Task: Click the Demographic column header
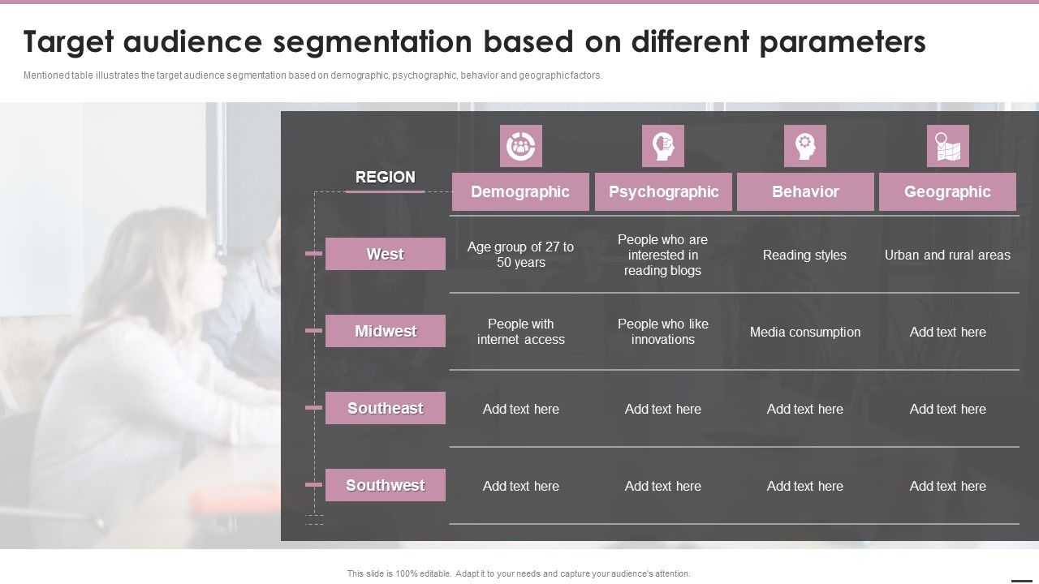click(x=520, y=192)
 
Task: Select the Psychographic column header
click(x=663, y=192)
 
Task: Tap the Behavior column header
click(x=805, y=192)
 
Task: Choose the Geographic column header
click(x=947, y=192)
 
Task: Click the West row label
click(x=386, y=254)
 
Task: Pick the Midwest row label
click(x=386, y=331)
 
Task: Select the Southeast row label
click(x=386, y=408)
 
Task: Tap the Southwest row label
click(x=386, y=485)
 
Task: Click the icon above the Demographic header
click(x=520, y=146)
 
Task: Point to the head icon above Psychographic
click(x=662, y=146)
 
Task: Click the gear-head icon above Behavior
click(x=804, y=146)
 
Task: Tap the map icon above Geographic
click(x=947, y=146)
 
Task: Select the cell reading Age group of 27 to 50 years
click(x=520, y=255)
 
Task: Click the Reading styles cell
click(x=804, y=255)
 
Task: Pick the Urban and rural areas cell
click(x=947, y=255)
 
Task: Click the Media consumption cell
click(x=804, y=332)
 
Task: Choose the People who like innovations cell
click(x=663, y=332)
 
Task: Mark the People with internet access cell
click(x=520, y=332)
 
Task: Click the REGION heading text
click(x=386, y=177)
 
